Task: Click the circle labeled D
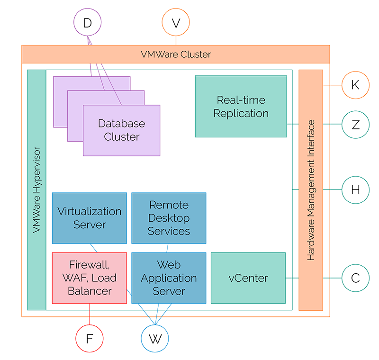[88, 23]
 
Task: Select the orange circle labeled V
[176, 23]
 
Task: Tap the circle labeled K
[355, 85]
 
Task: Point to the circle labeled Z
[355, 125]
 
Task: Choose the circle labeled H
[355, 190]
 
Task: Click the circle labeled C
[355, 278]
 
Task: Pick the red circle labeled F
[90, 339]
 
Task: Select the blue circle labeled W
[155, 339]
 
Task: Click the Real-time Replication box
[241, 107]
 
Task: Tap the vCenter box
[248, 278]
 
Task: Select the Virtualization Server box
[90, 218]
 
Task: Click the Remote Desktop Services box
[169, 218]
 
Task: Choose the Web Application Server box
[169, 278]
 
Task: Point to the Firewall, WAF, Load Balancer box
[90, 278]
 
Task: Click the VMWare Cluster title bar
[176, 54]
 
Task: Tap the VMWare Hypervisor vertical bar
[36, 190]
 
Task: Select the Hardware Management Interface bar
[311, 190]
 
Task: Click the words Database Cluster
[122, 130]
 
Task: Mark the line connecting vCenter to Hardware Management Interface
[292, 278]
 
